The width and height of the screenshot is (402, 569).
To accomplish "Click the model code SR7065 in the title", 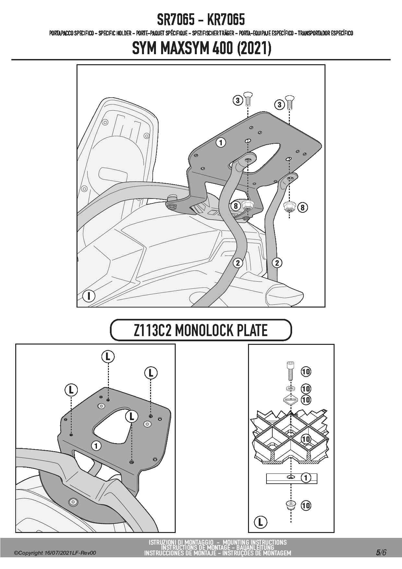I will click(x=175, y=20).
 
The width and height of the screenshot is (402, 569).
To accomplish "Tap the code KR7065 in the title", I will click(x=226, y=20).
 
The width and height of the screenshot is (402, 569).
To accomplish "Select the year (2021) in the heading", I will click(x=254, y=49).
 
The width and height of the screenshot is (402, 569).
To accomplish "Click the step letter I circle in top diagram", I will click(x=89, y=296).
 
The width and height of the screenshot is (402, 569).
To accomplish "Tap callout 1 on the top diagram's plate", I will click(x=220, y=142).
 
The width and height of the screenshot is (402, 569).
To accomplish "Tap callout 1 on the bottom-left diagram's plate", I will click(x=96, y=446).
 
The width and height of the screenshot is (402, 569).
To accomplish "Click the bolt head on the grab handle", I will click(x=73, y=502).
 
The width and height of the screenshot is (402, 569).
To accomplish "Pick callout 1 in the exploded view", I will click(x=305, y=478).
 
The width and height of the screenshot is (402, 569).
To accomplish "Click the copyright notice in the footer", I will click(x=55, y=553).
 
